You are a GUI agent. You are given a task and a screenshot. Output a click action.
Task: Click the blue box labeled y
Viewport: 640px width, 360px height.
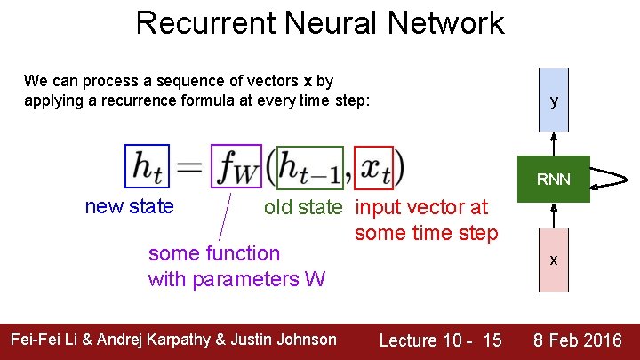click(x=554, y=100)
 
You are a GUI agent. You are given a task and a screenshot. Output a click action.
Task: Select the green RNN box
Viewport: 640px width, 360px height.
click(x=554, y=180)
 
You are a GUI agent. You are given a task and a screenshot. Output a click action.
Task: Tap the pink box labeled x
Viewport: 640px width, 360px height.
click(x=554, y=260)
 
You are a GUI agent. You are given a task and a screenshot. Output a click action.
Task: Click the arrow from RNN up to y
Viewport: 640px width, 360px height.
click(x=554, y=145)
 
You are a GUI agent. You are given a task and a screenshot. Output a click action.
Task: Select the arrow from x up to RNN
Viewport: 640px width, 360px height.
click(x=554, y=216)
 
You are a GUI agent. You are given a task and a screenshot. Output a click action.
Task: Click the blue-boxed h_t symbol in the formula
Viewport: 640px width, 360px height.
click(x=147, y=166)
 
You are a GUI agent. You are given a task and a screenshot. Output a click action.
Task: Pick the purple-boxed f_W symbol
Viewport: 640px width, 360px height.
click(x=236, y=166)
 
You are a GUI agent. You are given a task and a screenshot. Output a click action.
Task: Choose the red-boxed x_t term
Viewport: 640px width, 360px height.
click(x=372, y=166)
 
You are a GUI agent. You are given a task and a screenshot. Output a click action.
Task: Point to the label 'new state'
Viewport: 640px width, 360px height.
click(x=129, y=207)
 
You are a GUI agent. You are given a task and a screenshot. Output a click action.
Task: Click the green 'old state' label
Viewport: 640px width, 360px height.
click(x=302, y=207)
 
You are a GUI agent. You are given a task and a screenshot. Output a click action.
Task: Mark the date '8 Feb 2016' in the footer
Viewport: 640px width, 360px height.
click(x=577, y=340)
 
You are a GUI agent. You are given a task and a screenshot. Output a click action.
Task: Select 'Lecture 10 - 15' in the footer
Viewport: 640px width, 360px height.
click(x=440, y=340)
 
